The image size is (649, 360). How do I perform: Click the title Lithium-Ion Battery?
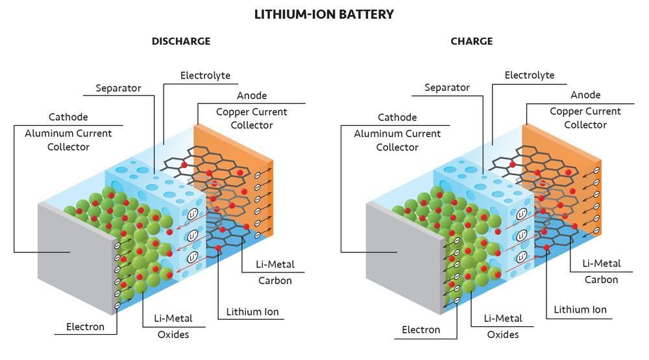[x=324, y=14]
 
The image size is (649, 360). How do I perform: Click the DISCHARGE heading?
[x=181, y=42]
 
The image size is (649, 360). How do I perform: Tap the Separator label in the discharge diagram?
[x=118, y=88]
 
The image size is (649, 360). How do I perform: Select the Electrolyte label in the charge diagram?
[x=530, y=75]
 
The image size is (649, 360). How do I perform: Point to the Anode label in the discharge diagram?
[x=252, y=96]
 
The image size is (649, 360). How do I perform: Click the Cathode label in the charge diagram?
[x=397, y=117]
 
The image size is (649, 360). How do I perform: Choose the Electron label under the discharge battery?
[x=85, y=326]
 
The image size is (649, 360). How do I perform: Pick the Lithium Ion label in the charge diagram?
[x=580, y=309]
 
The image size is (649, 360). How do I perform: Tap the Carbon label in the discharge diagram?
[x=275, y=281]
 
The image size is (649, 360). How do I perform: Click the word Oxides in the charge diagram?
[x=503, y=335]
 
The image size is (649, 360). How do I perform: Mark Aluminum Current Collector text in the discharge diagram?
[x=68, y=140]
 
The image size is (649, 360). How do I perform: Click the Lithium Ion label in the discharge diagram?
[x=252, y=312]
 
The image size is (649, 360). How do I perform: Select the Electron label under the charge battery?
[x=421, y=330]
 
